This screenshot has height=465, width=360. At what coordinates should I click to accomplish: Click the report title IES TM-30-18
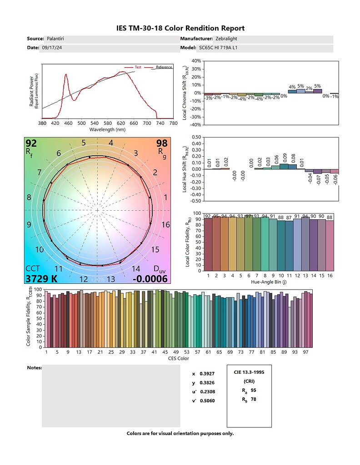[x=180, y=28]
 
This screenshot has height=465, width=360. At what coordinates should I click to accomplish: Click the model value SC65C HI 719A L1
[x=220, y=47]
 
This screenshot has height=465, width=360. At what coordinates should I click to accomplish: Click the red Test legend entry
[x=138, y=67]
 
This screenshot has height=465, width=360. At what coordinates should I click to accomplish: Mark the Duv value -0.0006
[x=150, y=278]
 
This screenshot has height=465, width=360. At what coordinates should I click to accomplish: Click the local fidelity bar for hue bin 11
[x=289, y=246]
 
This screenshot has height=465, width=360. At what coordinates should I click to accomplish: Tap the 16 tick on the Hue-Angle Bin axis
[x=330, y=275]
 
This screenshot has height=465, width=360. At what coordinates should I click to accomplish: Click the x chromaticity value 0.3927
[x=207, y=374]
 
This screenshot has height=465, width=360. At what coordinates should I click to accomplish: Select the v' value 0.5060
[x=207, y=401]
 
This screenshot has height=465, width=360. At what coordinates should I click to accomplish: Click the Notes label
[x=35, y=367]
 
